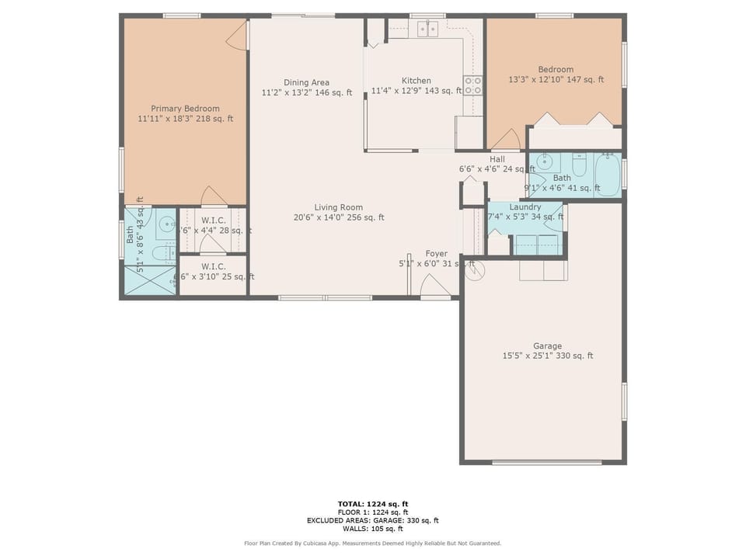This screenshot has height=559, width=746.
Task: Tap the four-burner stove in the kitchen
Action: pyautogui.click(x=472, y=85)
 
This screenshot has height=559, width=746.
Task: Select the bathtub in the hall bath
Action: pyautogui.click(x=608, y=175)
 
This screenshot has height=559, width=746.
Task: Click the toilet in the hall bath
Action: pyautogui.click(x=580, y=166)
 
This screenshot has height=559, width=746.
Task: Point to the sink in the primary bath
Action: pyautogui.click(x=166, y=226)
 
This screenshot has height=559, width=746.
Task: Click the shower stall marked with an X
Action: pyautogui.click(x=150, y=280)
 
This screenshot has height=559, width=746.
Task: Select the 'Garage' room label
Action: pyautogui.click(x=547, y=346)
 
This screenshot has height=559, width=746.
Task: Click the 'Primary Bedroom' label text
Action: pyautogui.click(x=185, y=109)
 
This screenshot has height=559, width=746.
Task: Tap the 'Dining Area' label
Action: pyautogui.click(x=306, y=82)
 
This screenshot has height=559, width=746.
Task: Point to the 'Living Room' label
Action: pyautogui.click(x=338, y=207)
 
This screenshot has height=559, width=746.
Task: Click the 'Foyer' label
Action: pyautogui.click(x=436, y=254)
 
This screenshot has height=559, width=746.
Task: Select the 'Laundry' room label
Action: pyautogui.click(x=525, y=207)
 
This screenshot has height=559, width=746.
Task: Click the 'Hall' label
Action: pyautogui.click(x=497, y=159)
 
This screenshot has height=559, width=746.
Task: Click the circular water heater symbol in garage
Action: pyautogui.click(x=476, y=270)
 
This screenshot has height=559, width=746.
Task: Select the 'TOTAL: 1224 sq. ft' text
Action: pyautogui.click(x=373, y=504)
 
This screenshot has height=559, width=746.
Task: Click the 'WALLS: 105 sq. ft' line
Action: pyautogui.click(x=373, y=529)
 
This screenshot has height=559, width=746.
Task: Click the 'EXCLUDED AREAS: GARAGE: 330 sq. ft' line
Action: pyautogui.click(x=373, y=520)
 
